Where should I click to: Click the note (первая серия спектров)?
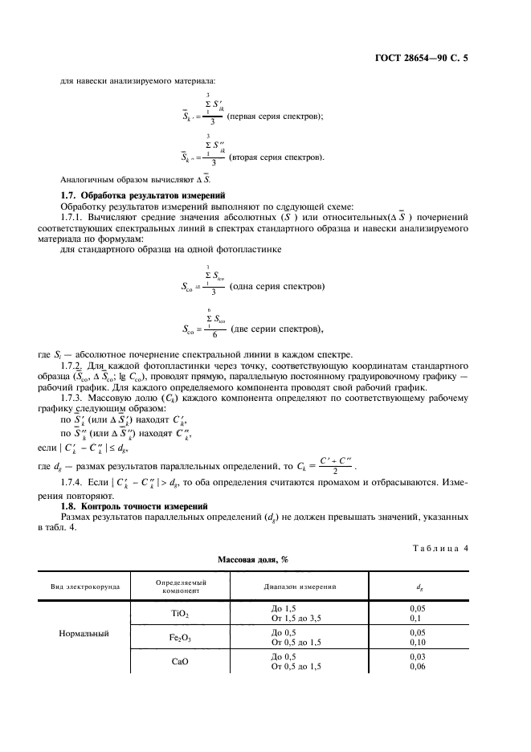275,116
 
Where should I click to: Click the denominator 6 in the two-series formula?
213,334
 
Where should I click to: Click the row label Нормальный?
84,634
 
